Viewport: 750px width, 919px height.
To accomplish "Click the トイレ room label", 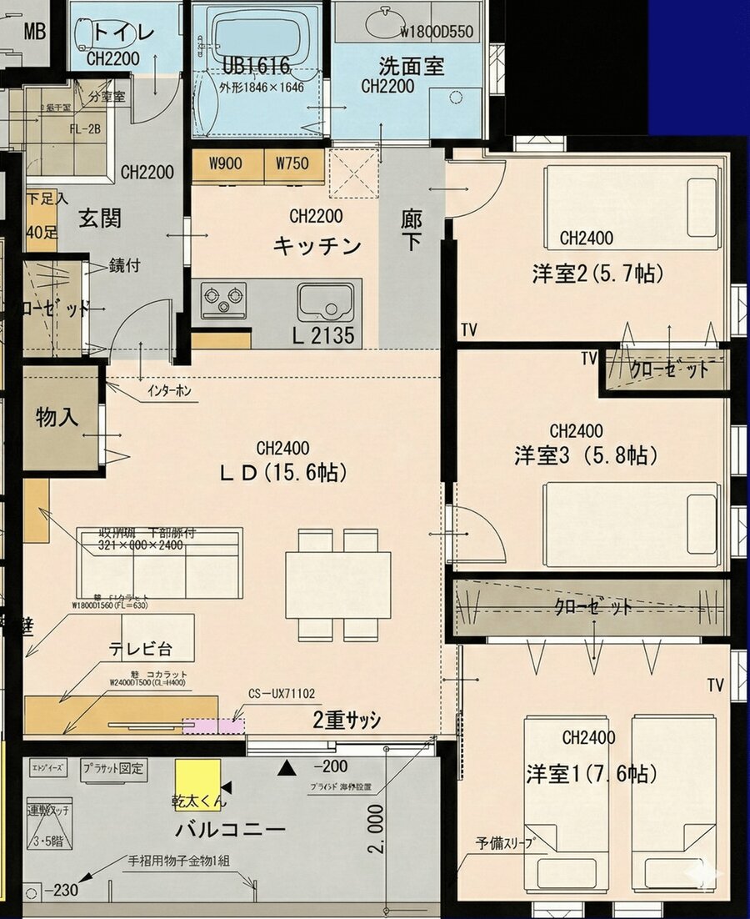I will coord(123,33).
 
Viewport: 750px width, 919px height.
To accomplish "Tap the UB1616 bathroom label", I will coord(256,67).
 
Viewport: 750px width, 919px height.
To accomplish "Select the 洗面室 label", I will coord(411,65).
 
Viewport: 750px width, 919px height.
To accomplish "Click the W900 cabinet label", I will coord(227,163).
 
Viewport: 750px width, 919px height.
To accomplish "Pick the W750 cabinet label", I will coord(293,163).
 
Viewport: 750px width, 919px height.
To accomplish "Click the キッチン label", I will coord(317,246).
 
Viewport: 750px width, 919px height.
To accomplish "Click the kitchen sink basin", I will coord(325,300).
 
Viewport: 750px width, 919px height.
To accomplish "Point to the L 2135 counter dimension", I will coord(322,336).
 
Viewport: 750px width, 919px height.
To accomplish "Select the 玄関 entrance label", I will coord(100,218).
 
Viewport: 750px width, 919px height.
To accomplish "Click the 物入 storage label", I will coord(57,418).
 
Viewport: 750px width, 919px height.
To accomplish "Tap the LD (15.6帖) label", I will coord(282,472).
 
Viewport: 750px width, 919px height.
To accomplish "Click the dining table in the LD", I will coord(337,585).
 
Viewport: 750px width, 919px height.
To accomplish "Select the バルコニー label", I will coord(231,830).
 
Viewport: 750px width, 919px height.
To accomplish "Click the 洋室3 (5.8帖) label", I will coord(586,455).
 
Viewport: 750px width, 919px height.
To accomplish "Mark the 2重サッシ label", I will coord(347,721).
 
